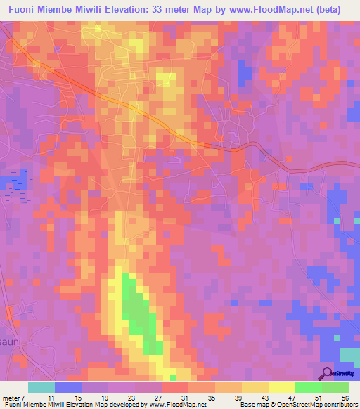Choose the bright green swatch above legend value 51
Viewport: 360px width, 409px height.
309,387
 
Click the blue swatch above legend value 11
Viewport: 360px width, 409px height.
68,387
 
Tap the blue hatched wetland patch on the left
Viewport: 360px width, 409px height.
11,182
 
